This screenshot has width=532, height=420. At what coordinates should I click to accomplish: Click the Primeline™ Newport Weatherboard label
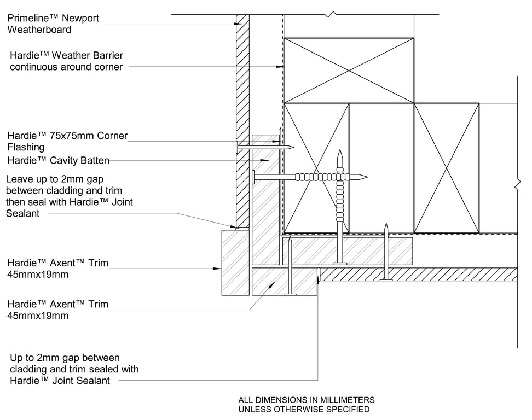point(53,24)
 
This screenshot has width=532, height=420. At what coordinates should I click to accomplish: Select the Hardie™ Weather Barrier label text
point(66,61)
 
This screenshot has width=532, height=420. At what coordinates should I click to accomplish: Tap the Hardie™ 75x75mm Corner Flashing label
point(67,141)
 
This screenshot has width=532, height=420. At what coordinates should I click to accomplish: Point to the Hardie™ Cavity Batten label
point(58,160)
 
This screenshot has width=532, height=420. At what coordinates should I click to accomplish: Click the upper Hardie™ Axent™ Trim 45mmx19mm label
point(57,269)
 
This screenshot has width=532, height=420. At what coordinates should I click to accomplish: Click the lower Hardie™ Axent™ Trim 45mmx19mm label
point(57,310)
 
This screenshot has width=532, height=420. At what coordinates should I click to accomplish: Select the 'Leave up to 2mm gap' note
point(69,196)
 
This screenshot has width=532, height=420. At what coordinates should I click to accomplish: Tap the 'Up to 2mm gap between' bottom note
point(74,369)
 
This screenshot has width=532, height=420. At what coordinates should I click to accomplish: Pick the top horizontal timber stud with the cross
point(348,70)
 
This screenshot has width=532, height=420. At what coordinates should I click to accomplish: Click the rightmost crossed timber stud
point(446,168)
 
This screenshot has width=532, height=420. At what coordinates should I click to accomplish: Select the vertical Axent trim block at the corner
point(235,262)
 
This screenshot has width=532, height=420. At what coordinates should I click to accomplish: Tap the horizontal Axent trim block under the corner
point(284,281)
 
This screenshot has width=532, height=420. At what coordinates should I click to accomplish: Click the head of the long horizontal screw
point(254,177)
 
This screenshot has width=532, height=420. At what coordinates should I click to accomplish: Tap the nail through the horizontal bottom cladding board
point(386,252)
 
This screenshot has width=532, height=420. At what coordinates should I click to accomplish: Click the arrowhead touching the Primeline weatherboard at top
point(239,24)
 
